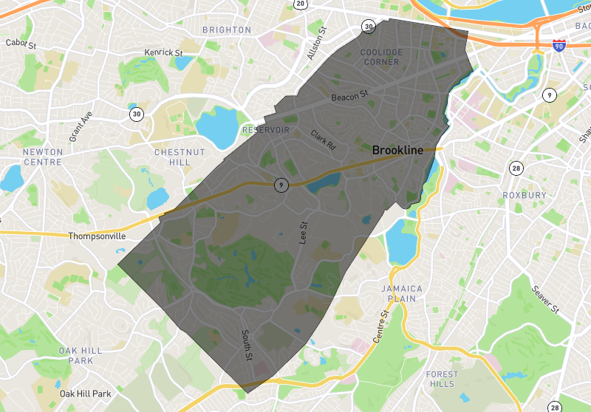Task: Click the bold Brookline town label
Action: pyautogui.click(x=397, y=150)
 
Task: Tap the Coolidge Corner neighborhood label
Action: pyautogui.click(x=381, y=57)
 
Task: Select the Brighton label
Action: pyautogui.click(x=227, y=30)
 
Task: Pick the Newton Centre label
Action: pyautogui.click(x=43, y=157)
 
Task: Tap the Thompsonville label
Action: pyautogui.click(x=97, y=236)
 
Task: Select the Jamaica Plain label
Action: pyautogui.click(x=402, y=293)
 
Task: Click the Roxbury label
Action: pyautogui.click(x=525, y=195)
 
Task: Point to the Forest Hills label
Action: pyautogui.click(x=443, y=379)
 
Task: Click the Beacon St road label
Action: pyautogui.click(x=349, y=96)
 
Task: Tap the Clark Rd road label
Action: pyautogui.click(x=323, y=140)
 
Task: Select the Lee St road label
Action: pyautogui.click(x=302, y=233)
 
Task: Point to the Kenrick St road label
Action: pyautogui.click(x=163, y=53)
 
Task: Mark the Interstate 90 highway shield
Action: pyautogui.click(x=559, y=46)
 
